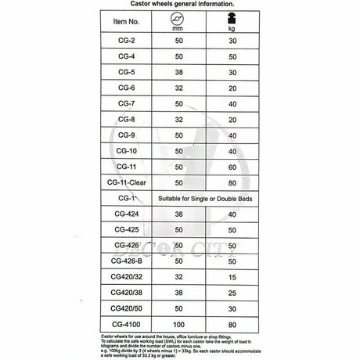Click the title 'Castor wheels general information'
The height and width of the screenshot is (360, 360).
(180, 4)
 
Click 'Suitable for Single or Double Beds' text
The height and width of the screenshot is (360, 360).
(207, 199)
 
